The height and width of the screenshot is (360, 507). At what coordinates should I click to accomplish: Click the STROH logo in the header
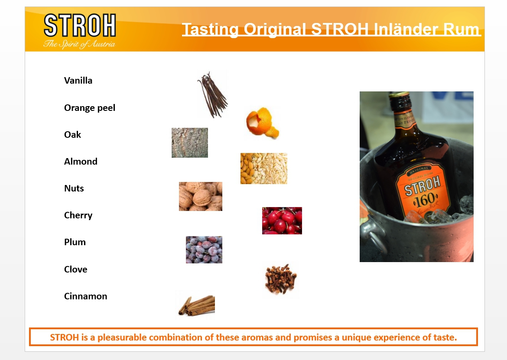coord(80,25)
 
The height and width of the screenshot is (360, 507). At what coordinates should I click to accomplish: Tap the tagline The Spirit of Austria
coord(79,44)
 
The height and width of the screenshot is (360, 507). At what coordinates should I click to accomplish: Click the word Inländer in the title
coord(406,29)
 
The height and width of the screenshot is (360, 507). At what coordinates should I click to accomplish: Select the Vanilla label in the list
coord(78,81)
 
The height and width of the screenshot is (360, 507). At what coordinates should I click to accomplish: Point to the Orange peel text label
coord(90,108)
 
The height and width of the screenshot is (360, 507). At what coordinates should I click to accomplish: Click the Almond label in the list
coord(81,161)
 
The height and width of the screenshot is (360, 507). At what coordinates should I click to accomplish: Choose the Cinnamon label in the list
coord(85,296)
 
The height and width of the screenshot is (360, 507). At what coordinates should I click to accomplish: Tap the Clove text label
coord(76,269)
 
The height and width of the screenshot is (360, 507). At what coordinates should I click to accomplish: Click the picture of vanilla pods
coord(212,94)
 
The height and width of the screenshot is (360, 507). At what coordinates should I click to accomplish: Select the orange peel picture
coord(262,123)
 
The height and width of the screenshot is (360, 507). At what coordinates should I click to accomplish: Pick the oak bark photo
coord(190,143)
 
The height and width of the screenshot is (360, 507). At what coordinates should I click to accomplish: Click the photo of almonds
coord(264,169)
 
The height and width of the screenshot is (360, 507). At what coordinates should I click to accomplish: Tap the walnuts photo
coord(201,197)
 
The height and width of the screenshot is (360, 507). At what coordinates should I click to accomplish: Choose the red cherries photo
coord(282,221)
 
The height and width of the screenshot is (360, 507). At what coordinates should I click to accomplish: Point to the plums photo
coord(204,250)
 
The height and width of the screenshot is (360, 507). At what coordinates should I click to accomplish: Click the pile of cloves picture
coord(281,279)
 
